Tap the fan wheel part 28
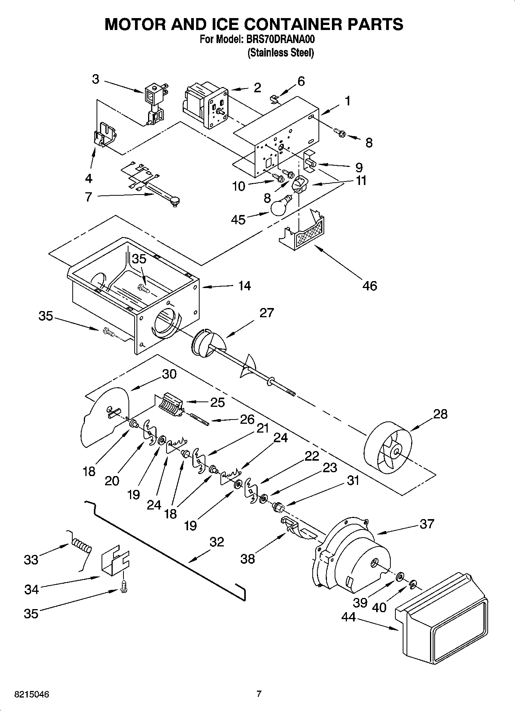pyautogui.click(x=388, y=448)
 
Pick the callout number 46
pyautogui.click(x=370, y=286)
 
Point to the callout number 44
pyautogui.click(x=349, y=617)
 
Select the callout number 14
pyautogui.click(x=244, y=286)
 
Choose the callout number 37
pyautogui.click(x=427, y=524)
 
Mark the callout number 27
pyautogui.click(x=267, y=313)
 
